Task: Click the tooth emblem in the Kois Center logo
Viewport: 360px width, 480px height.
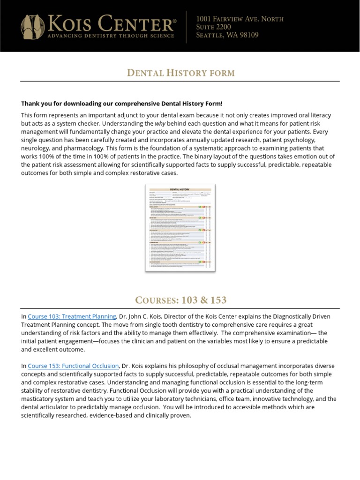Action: coord(30,26)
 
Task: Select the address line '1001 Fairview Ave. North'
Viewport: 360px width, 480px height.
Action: coord(240,19)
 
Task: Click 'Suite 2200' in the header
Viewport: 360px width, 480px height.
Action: coord(214,27)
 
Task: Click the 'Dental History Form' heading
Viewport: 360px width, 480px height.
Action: coord(180,73)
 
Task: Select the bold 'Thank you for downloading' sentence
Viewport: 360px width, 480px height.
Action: coord(122,104)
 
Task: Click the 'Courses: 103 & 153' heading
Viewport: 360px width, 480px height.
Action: coord(180,300)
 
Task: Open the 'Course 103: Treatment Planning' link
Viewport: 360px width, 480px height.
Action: coord(72,316)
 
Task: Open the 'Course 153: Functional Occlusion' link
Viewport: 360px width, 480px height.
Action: coord(74,366)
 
